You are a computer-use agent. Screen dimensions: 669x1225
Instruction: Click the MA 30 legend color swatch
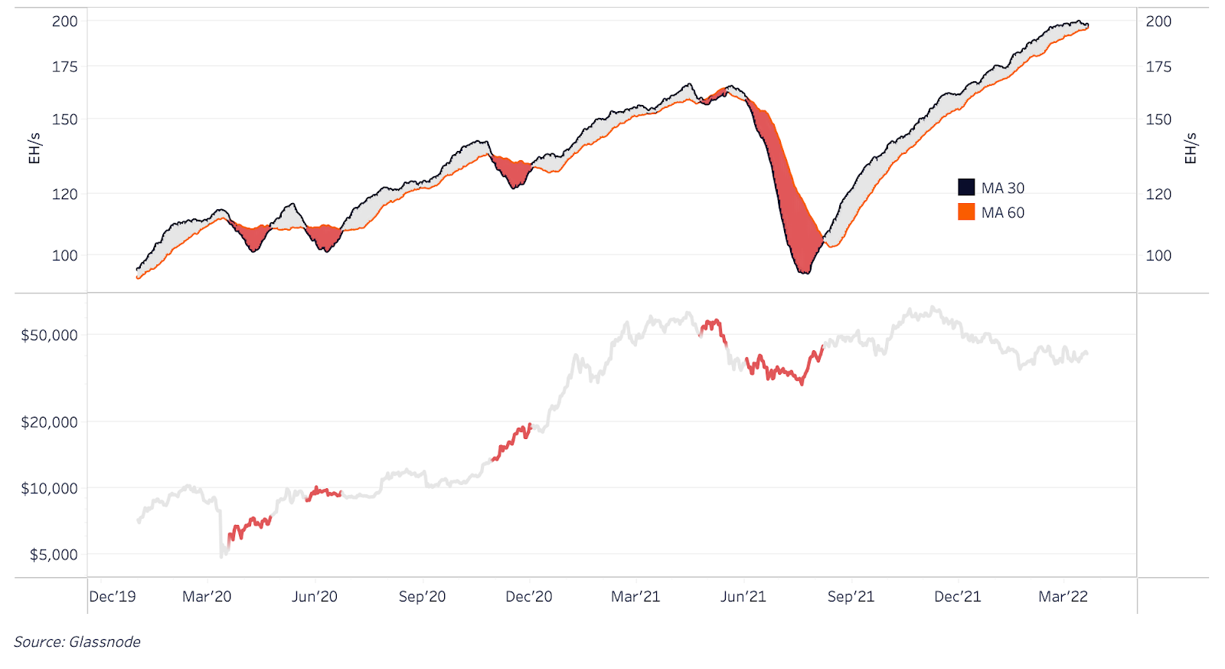pyautogui.click(x=966, y=188)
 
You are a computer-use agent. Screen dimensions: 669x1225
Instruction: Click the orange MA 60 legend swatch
pyautogui.click(x=966, y=212)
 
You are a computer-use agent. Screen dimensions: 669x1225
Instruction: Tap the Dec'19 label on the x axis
pyautogui.click(x=113, y=597)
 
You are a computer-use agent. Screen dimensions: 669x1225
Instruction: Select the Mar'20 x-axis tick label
pyautogui.click(x=207, y=597)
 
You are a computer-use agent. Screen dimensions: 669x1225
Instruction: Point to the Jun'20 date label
pyautogui.click(x=315, y=597)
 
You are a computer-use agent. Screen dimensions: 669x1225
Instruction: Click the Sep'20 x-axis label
pyautogui.click(x=422, y=597)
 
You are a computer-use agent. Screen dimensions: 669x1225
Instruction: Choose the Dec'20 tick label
pyautogui.click(x=529, y=597)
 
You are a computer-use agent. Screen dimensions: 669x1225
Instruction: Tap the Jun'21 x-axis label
pyautogui.click(x=743, y=597)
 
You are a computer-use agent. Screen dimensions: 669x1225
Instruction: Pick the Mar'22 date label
pyautogui.click(x=1063, y=597)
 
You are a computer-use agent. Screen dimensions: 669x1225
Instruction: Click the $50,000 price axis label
pyautogui.click(x=50, y=336)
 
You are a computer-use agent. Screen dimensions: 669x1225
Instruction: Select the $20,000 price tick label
pyautogui.click(x=50, y=422)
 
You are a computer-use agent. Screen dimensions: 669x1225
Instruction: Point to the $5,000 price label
pyautogui.click(x=54, y=555)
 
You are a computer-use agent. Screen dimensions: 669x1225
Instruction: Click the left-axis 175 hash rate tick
pyautogui.click(x=65, y=67)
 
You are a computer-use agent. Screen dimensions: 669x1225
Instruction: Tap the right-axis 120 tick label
pyautogui.click(x=1158, y=195)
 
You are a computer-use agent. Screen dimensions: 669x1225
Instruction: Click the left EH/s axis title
pyautogui.click(x=34, y=149)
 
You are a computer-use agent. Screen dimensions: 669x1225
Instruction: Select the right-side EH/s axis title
pyautogui.click(x=1191, y=149)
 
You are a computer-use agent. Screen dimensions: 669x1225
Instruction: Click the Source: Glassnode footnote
pyautogui.click(x=77, y=642)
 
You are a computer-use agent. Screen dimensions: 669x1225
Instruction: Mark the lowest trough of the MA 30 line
pyautogui.click(x=803, y=273)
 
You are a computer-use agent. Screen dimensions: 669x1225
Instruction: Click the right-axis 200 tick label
pyautogui.click(x=1158, y=21)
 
